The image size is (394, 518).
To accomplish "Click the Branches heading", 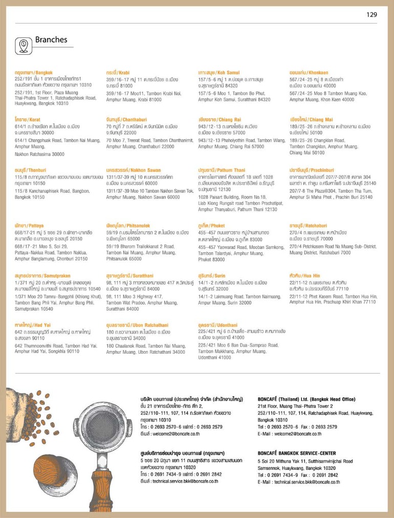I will [51, 40].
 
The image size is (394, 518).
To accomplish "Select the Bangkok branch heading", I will [34, 73].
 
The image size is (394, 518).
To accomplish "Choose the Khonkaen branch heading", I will [307, 73].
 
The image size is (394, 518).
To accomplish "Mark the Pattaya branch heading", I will [29, 226].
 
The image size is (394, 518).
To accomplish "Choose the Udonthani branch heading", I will [217, 325].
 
